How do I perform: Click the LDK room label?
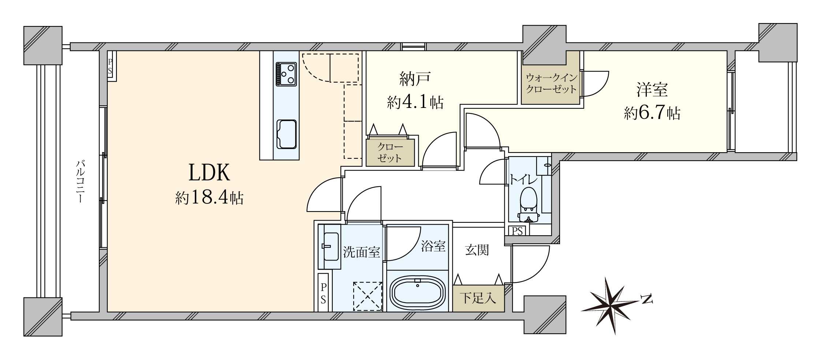pos(209,173)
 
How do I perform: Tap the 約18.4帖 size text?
pos(209,198)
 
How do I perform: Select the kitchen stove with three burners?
pos(286,74)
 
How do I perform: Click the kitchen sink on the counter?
pos(286,134)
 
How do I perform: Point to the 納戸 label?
pos(415,79)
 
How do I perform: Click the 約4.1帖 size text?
pos(415,102)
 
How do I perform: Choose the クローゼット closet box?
pos(390,152)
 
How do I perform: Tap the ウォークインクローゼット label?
pos(551,83)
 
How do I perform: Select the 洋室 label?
pos(652,90)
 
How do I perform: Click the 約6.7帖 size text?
pos(652,113)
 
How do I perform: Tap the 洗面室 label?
pos(361,252)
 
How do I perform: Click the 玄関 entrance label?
pos(477,250)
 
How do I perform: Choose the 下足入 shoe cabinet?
pos(478,298)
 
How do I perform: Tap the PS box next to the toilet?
pos(517,231)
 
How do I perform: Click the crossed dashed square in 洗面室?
pos(367,296)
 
